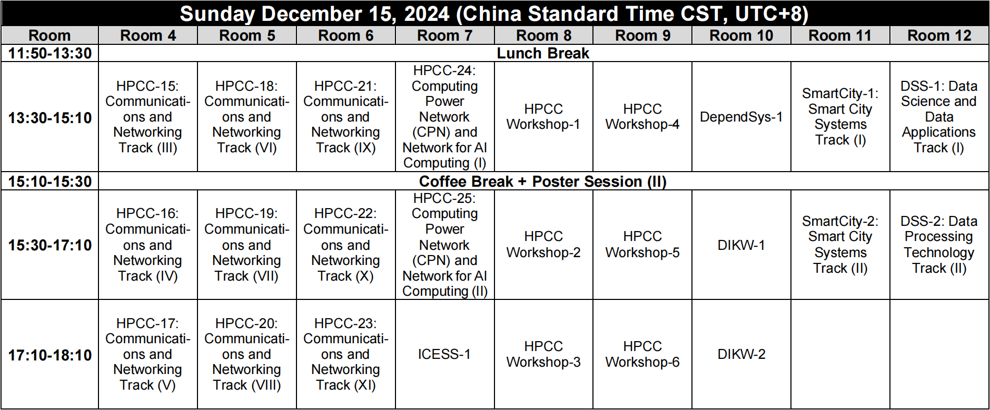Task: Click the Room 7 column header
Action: (x=444, y=35)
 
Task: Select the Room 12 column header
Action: (x=939, y=35)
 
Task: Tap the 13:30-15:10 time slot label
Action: (x=50, y=117)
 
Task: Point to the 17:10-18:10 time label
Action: (x=50, y=355)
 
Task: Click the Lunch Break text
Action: (x=543, y=53)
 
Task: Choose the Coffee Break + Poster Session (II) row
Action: (x=543, y=182)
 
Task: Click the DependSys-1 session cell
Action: (x=741, y=117)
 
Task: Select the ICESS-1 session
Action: (x=444, y=354)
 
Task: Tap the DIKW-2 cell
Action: (x=741, y=354)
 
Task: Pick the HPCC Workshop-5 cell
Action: (x=642, y=245)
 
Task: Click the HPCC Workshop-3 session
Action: (x=543, y=354)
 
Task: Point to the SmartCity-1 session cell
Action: (x=840, y=117)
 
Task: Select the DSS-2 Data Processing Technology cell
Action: (x=939, y=245)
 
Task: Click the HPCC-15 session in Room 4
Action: (x=148, y=117)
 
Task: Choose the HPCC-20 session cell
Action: (x=246, y=354)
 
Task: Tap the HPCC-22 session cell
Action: (x=345, y=245)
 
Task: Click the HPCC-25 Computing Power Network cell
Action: (x=444, y=245)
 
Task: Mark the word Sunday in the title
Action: (x=217, y=14)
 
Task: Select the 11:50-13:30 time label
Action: (x=50, y=53)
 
